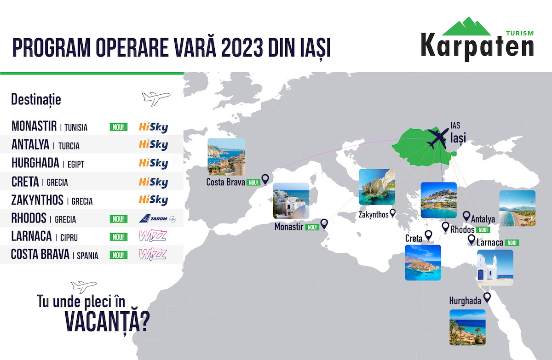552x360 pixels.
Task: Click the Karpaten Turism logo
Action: click(477, 39)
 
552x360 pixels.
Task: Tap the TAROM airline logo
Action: click(157, 218)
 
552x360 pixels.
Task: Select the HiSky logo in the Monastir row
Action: click(154, 127)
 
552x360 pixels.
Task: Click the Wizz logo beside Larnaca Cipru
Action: click(153, 236)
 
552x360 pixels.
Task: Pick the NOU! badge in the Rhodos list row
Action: click(119, 219)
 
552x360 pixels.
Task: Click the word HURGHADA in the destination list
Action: click(35, 163)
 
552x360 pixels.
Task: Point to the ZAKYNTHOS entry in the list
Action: click(37, 200)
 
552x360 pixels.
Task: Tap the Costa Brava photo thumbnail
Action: click(226, 157)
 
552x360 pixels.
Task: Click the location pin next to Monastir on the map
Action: click(324, 224)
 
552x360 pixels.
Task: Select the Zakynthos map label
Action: click(374, 215)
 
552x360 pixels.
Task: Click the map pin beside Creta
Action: click(429, 235)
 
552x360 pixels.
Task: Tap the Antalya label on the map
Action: click(483, 219)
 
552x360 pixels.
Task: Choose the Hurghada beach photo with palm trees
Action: click(467, 327)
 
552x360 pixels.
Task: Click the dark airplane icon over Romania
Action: click(438, 138)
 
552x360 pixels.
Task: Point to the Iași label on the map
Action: click(458, 137)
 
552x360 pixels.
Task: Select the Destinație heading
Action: click(36, 100)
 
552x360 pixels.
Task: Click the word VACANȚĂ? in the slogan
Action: click(107, 322)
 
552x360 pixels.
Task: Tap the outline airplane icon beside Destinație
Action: click(156, 99)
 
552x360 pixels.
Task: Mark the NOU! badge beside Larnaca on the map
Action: click(512, 243)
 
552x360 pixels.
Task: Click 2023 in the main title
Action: click(242, 47)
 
